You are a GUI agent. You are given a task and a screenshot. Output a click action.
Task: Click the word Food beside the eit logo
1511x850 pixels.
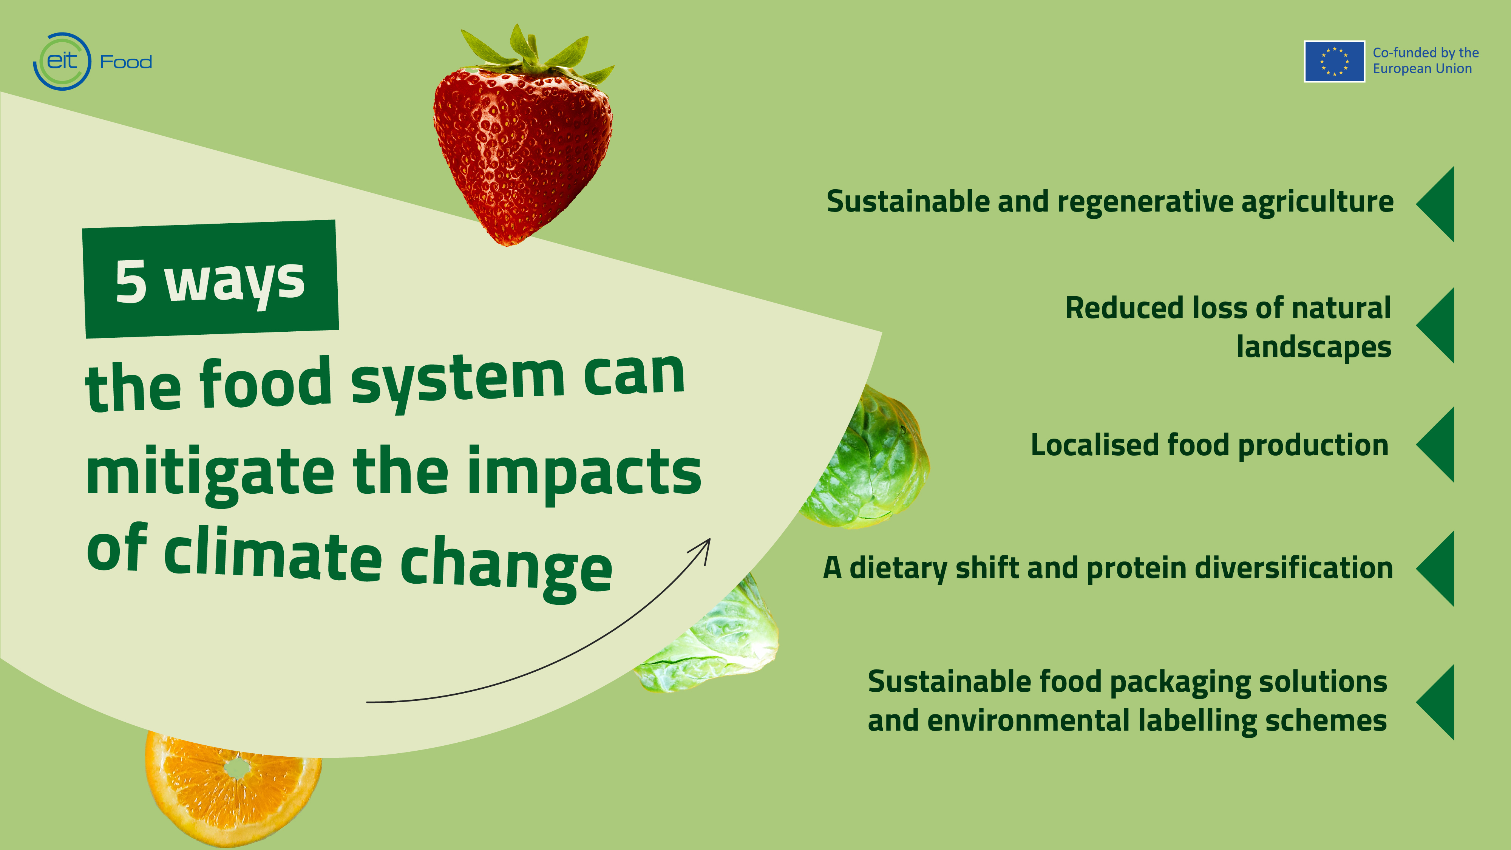coord(126,62)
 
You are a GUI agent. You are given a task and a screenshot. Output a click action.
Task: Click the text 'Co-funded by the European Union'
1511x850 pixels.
coord(1425,60)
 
